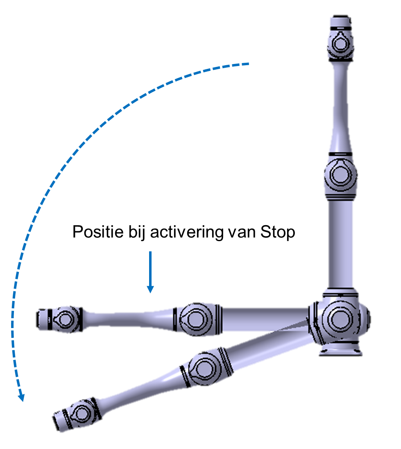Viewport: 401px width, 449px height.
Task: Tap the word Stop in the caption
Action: [x=277, y=232]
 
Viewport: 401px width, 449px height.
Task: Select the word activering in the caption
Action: [x=187, y=232]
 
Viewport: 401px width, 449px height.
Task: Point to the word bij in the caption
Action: [x=137, y=232]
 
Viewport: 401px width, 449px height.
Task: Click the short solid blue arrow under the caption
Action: [x=150, y=272]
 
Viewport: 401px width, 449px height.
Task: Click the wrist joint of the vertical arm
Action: [x=340, y=44]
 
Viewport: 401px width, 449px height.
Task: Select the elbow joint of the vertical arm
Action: [x=340, y=175]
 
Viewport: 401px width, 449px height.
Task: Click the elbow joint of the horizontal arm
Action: [x=197, y=319]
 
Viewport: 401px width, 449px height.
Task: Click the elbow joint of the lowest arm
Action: [x=205, y=367]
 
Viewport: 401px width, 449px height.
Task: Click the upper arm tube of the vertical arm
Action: [x=340, y=245]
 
